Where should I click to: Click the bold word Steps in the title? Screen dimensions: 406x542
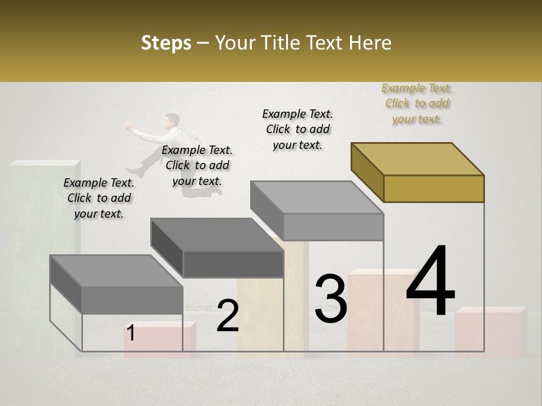(166, 43)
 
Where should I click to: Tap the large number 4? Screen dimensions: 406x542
(430, 282)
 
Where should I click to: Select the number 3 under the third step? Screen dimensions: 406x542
(331, 299)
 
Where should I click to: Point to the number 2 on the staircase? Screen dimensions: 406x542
(228, 316)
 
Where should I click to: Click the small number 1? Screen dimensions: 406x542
(130, 333)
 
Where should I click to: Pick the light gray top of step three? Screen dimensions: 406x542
(316, 197)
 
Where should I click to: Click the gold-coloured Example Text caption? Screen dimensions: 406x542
(417, 104)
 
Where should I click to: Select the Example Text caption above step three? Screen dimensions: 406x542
(298, 129)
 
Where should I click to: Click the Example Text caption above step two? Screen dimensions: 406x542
(197, 165)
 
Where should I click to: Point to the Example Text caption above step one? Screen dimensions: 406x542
(99, 198)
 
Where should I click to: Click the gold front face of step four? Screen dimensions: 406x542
(434, 188)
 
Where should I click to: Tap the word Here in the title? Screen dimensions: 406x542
(372, 43)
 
